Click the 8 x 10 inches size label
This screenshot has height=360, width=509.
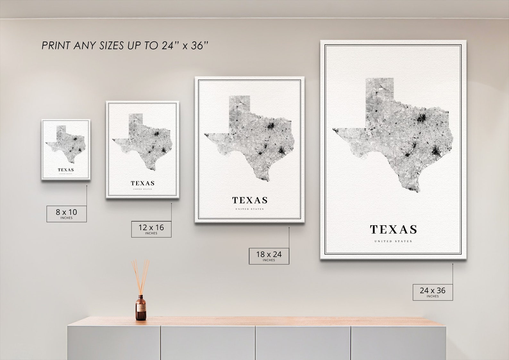click(x=66, y=213)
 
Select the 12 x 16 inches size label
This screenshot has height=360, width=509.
click(x=151, y=229)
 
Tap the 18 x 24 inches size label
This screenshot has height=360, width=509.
click(x=269, y=256)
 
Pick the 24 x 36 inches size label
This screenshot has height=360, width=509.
click(x=432, y=292)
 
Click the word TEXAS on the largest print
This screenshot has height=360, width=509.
click(x=393, y=230)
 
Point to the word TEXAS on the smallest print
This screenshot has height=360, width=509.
click(x=66, y=170)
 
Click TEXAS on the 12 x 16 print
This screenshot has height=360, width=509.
click(x=143, y=183)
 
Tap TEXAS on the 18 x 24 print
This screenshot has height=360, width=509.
click(x=250, y=200)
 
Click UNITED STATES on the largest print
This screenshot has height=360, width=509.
click(x=393, y=241)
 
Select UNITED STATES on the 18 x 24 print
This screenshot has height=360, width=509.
click(x=250, y=209)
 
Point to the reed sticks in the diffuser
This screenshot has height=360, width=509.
click(x=140, y=276)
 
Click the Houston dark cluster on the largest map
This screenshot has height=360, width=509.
click(x=435, y=150)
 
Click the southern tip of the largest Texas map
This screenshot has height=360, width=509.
click(x=417, y=191)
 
